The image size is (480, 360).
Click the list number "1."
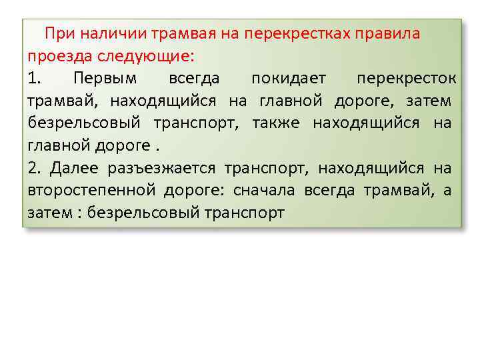point(35,79)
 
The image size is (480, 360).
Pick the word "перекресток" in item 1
point(406,79)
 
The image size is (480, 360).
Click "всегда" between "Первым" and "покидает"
point(194,79)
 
